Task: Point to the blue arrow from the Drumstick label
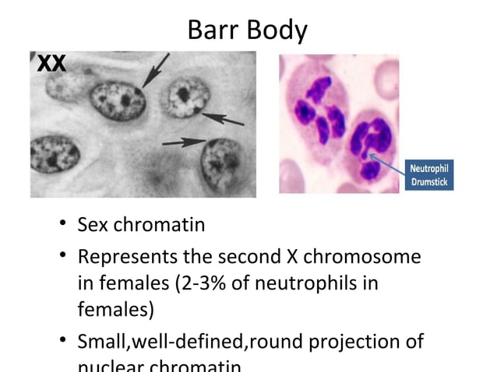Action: [x=387, y=165]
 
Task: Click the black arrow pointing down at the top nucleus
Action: [x=156, y=69]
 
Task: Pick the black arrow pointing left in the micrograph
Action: [x=223, y=118]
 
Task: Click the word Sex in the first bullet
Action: [x=93, y=226]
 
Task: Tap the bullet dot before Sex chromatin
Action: [x=62, y=226]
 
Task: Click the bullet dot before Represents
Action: [x=62, y=258]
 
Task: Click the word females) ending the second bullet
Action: [x=115, y=310]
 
